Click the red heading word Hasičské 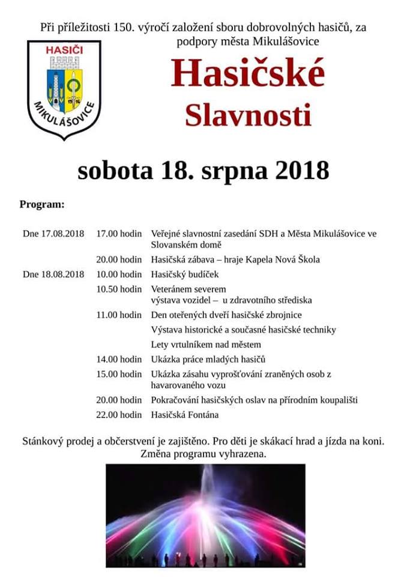pyautogui.click(x=247, y=75)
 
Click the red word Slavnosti pyautogui.click(x=247, y=115)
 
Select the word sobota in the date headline pyautogui.click(x=115, y=170)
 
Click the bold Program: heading pyautogui.click(x=42, y=204)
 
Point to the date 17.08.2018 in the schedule pyautogui.click(x=63, y=233)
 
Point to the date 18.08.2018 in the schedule pyautogui.click(x=63, y=275)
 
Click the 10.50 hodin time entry pyautogui.click(x=119, y=289)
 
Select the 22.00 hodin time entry pyautogui.click(x=119, y=415)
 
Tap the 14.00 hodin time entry pyautogui.click(x=119, y=359)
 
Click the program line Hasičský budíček pyautogui.click(x=184, y=275)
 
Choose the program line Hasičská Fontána pyautogui.click(x=185, y=415)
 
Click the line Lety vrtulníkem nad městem pyautogui.click(x=206, y=344)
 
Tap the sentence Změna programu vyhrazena pyautogui.click(x=203, y=454)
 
